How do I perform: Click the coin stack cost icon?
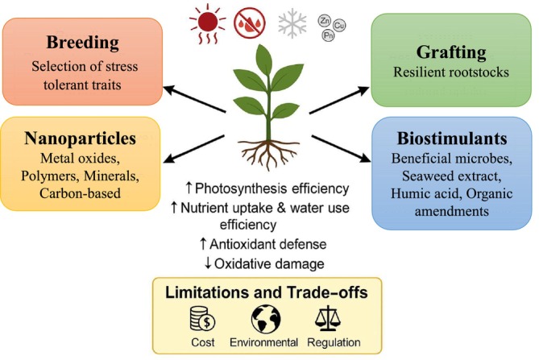(x=201, y=318)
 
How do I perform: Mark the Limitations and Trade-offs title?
(x=267, y=292)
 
